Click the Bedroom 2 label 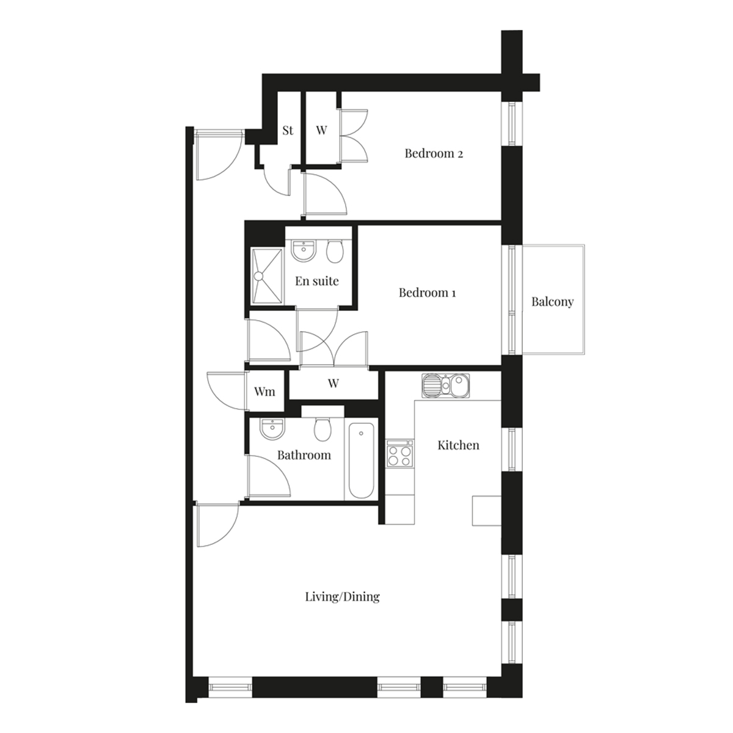click(434, 153)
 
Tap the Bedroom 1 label click(427, 293)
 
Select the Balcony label click(552, 302)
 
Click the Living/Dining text click(342, 596)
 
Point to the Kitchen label click(458, 445)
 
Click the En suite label click(317, 281)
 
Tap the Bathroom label click(304, 455)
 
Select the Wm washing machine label click(264, 392)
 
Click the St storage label click(288, 131)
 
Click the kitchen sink click(445, 385)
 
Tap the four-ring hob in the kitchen click(399, 456)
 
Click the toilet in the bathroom click(323, 429)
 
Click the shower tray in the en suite click(267, 276)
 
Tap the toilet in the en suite click(335, 252)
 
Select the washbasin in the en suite click(304, 250)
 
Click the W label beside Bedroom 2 click(321, 131)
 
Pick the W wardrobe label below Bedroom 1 click(334, 383)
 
